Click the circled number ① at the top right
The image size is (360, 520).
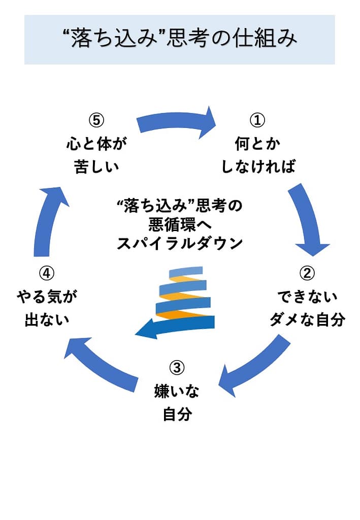click(257, 120)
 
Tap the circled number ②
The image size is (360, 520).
click(307, 273)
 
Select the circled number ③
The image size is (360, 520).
click(176, 367)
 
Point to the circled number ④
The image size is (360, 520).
click(46, 273)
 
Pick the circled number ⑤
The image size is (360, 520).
click(96, 120)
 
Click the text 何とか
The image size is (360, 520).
click(257, 144)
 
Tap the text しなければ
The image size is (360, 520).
click(257, 167)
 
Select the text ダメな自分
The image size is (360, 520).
click(308, 320)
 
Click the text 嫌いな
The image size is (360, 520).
click(177, 391)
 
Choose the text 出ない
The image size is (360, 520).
click(47, 320)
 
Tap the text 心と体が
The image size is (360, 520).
click(96, 144)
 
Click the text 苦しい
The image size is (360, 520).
click(96, 167)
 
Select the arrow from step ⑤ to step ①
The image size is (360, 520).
click(178, 122)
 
